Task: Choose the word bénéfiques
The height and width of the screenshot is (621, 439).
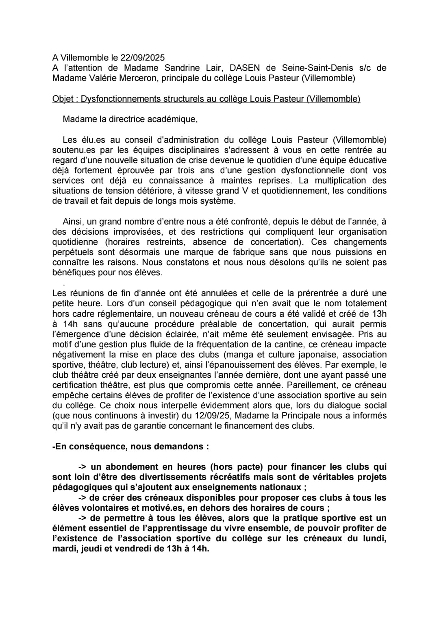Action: click(74, 272)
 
